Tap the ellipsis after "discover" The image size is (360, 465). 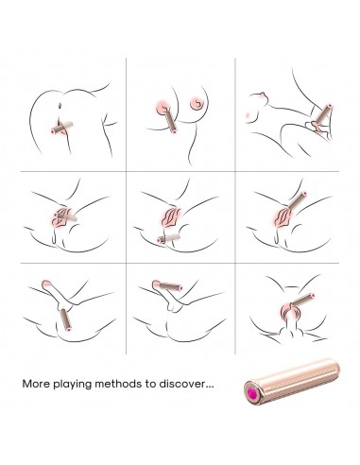click(x=210, y=387)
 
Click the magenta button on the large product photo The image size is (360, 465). click(x=252, y=393)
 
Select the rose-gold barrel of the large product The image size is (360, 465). click(x=292, y=382)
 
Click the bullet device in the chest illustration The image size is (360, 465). click(x=170, y=121)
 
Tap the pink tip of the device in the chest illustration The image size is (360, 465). click(x=174, y=130)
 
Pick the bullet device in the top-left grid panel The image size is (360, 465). click(x=62, y=128)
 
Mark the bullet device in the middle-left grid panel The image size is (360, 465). click(x=65, y=216)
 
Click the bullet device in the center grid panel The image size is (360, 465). click(x=169, y=238)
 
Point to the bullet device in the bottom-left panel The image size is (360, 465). click(x=65, y=319)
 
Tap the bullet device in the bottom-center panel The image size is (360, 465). click(x=170, y=286)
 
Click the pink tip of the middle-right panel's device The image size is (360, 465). click(x=304, y=194)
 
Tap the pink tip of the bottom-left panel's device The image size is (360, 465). click(x=69, y=329)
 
